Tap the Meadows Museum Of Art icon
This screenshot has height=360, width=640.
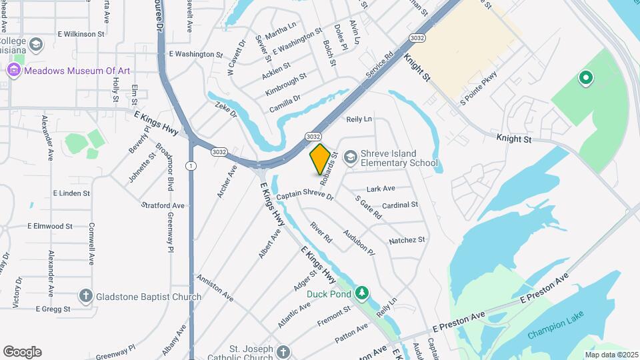[x=13, y=71]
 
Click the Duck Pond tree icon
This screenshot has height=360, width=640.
[x=362, y=293]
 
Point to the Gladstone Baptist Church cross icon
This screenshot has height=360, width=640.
[x=85, y=296]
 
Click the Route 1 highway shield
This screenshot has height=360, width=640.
[x=191, y=165]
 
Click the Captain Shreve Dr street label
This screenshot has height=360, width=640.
[x=305, y=195]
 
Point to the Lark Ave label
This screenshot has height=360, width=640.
[x=381, y=189]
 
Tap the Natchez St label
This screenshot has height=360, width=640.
[x=407, y=240]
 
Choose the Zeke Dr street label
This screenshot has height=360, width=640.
[x=226, y=110]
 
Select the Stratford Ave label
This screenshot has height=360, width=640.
[x=163, y=205]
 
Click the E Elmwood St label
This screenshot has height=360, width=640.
[x=50, y=226]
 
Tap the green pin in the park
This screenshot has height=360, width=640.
[x=586, y=79]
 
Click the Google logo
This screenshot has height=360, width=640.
[x=22, y=351]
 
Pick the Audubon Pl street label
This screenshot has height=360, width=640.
[x=359, y=243]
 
